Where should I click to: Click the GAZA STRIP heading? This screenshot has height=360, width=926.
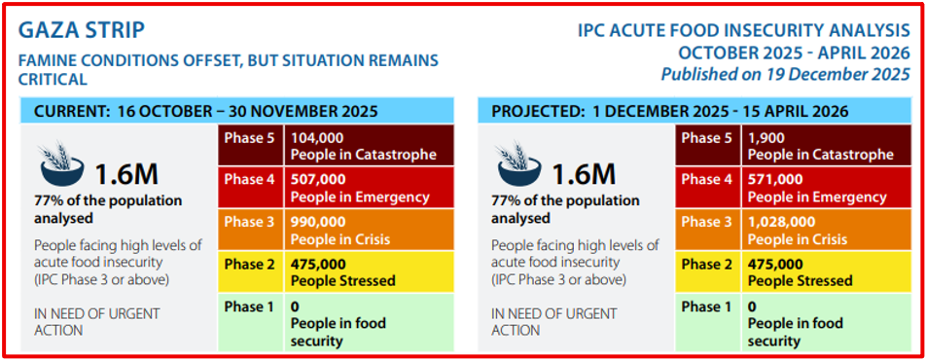pos(82,31)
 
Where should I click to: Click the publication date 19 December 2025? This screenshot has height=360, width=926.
pos(831,75)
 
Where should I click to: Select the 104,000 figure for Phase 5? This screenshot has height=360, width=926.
pos(316,139)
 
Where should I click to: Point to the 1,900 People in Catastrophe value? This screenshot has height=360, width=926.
pos(766,139)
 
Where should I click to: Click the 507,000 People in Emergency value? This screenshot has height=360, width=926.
pos(318,180)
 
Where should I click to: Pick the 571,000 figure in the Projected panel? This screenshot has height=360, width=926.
pos(775,180)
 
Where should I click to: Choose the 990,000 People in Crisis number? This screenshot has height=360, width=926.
pos(318,222)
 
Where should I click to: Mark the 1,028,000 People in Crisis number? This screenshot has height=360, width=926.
pos(781,222)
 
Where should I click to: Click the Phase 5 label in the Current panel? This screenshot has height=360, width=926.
pos(250,138)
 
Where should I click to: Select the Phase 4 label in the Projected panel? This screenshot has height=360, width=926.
pos(706,180)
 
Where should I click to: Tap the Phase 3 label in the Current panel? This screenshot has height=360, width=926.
pos(250,222)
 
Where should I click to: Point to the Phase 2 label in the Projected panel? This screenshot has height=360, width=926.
pos(706,265)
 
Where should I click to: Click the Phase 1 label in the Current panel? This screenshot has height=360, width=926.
pos(250,306)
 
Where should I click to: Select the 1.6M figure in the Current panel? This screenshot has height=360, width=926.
pos(127,174)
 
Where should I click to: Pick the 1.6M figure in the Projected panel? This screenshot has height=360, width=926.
pos(584,174)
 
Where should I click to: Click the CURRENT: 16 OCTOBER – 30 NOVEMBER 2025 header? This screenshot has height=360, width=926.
pos(205,111)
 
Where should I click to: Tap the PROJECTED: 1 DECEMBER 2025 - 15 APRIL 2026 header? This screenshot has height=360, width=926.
pos(669,111)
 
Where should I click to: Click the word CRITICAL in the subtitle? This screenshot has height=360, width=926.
pos(53,79)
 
